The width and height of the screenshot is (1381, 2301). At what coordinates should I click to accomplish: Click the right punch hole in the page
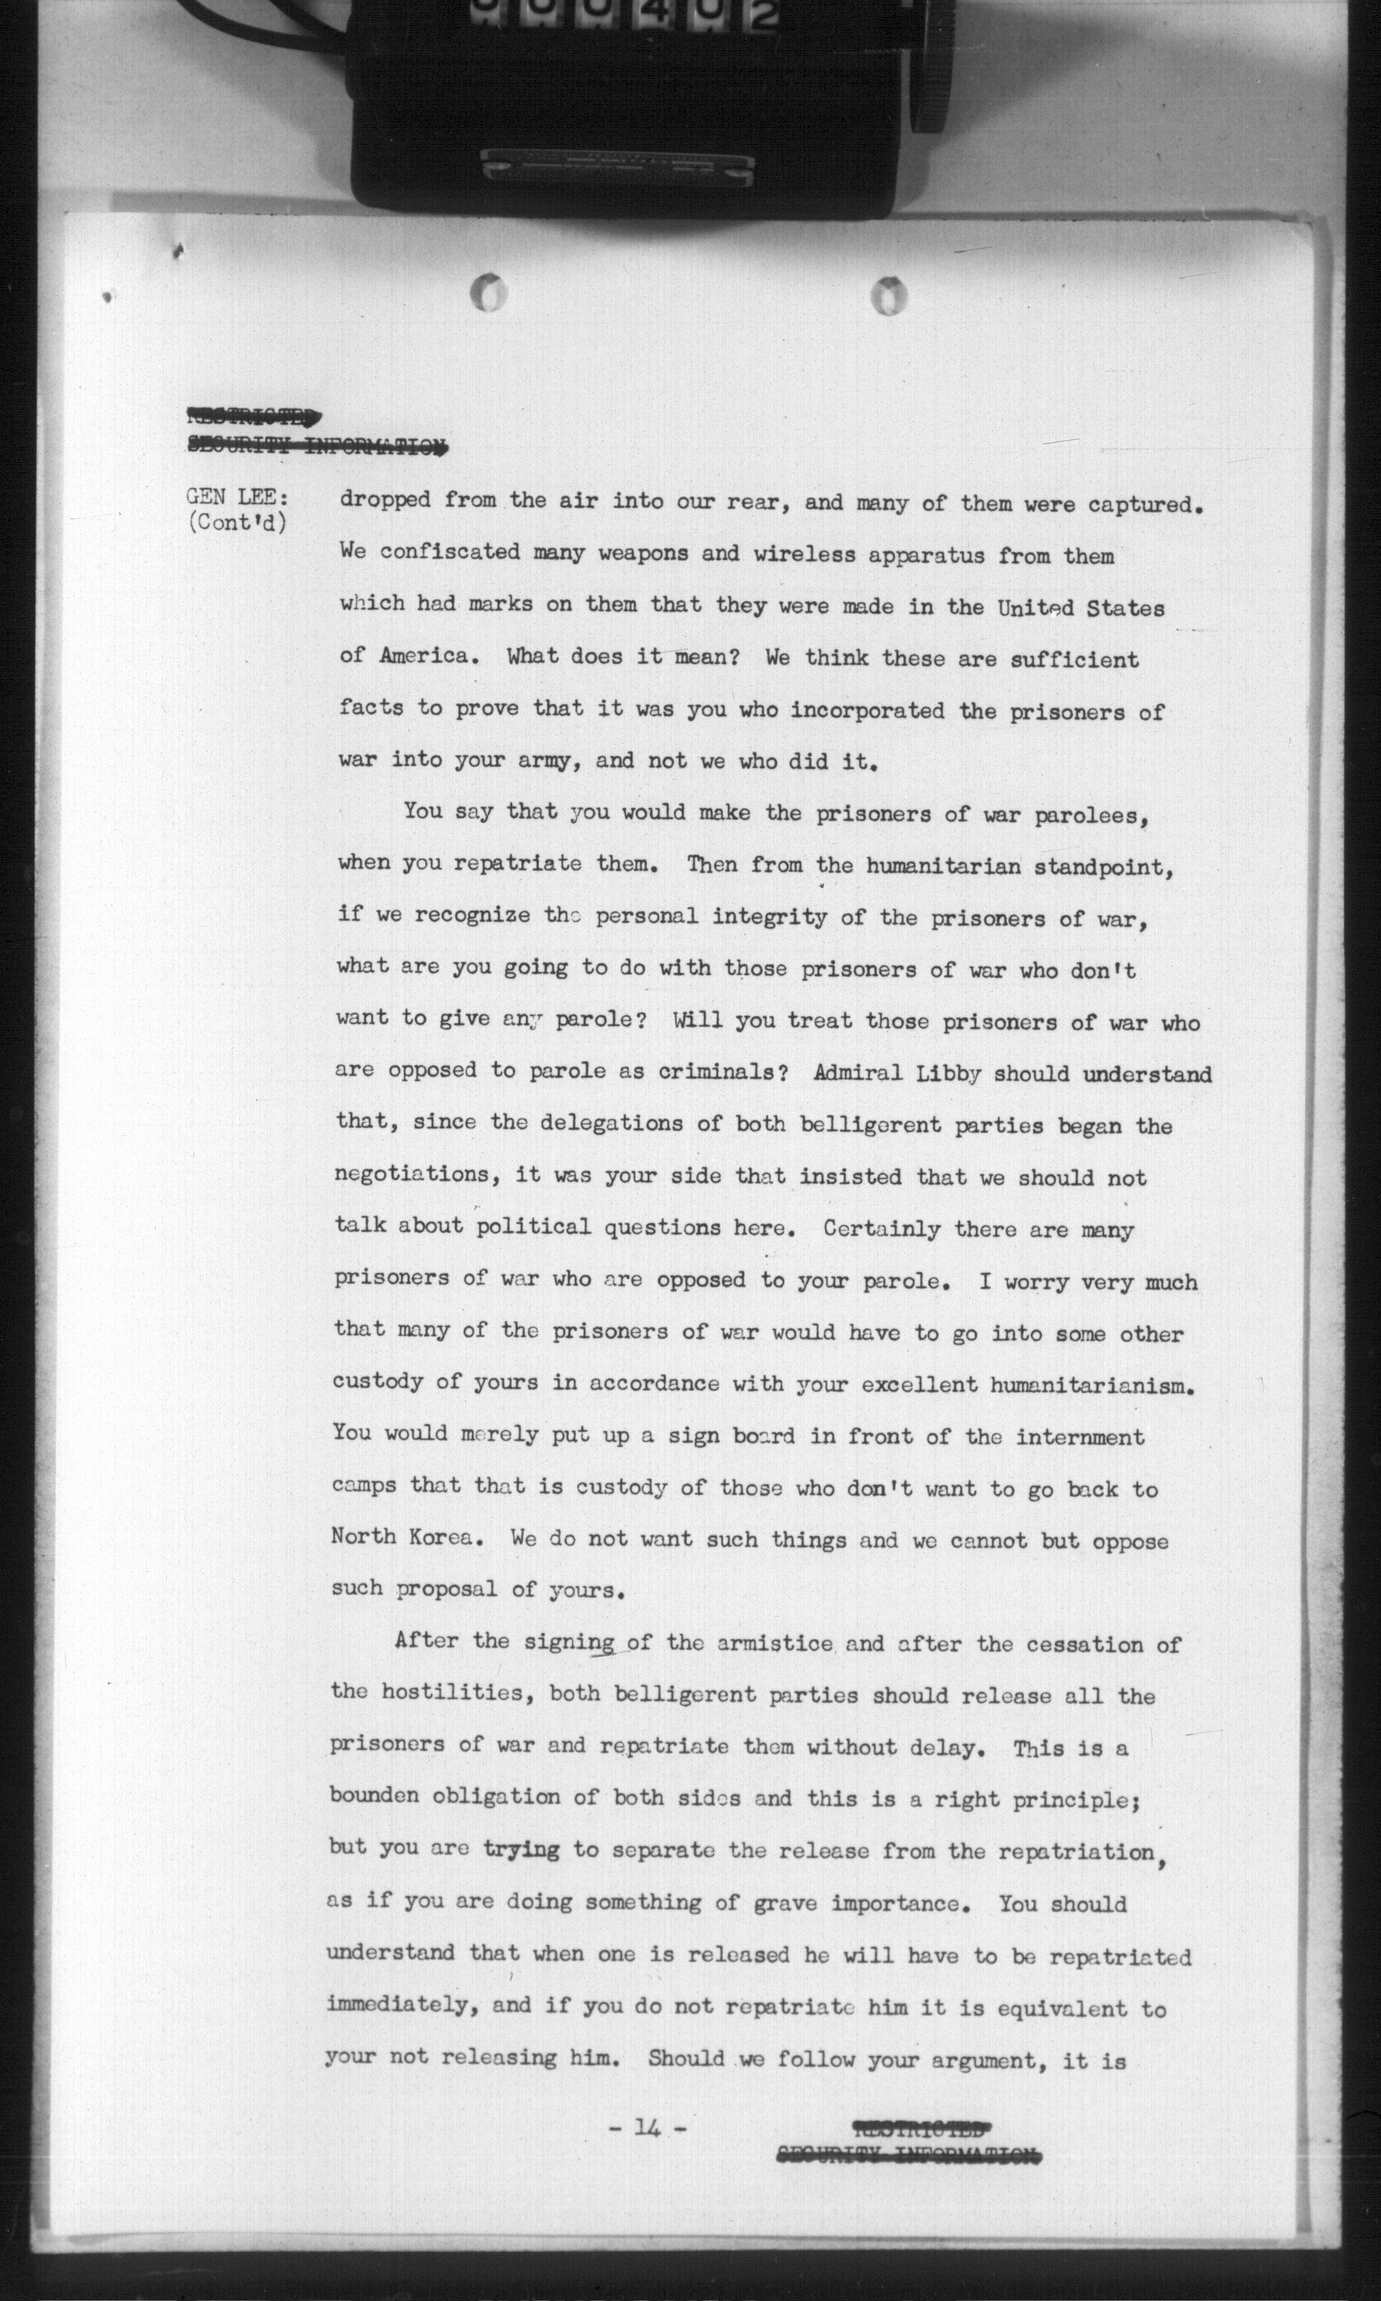pyautogui.click(x=890, y=295)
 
